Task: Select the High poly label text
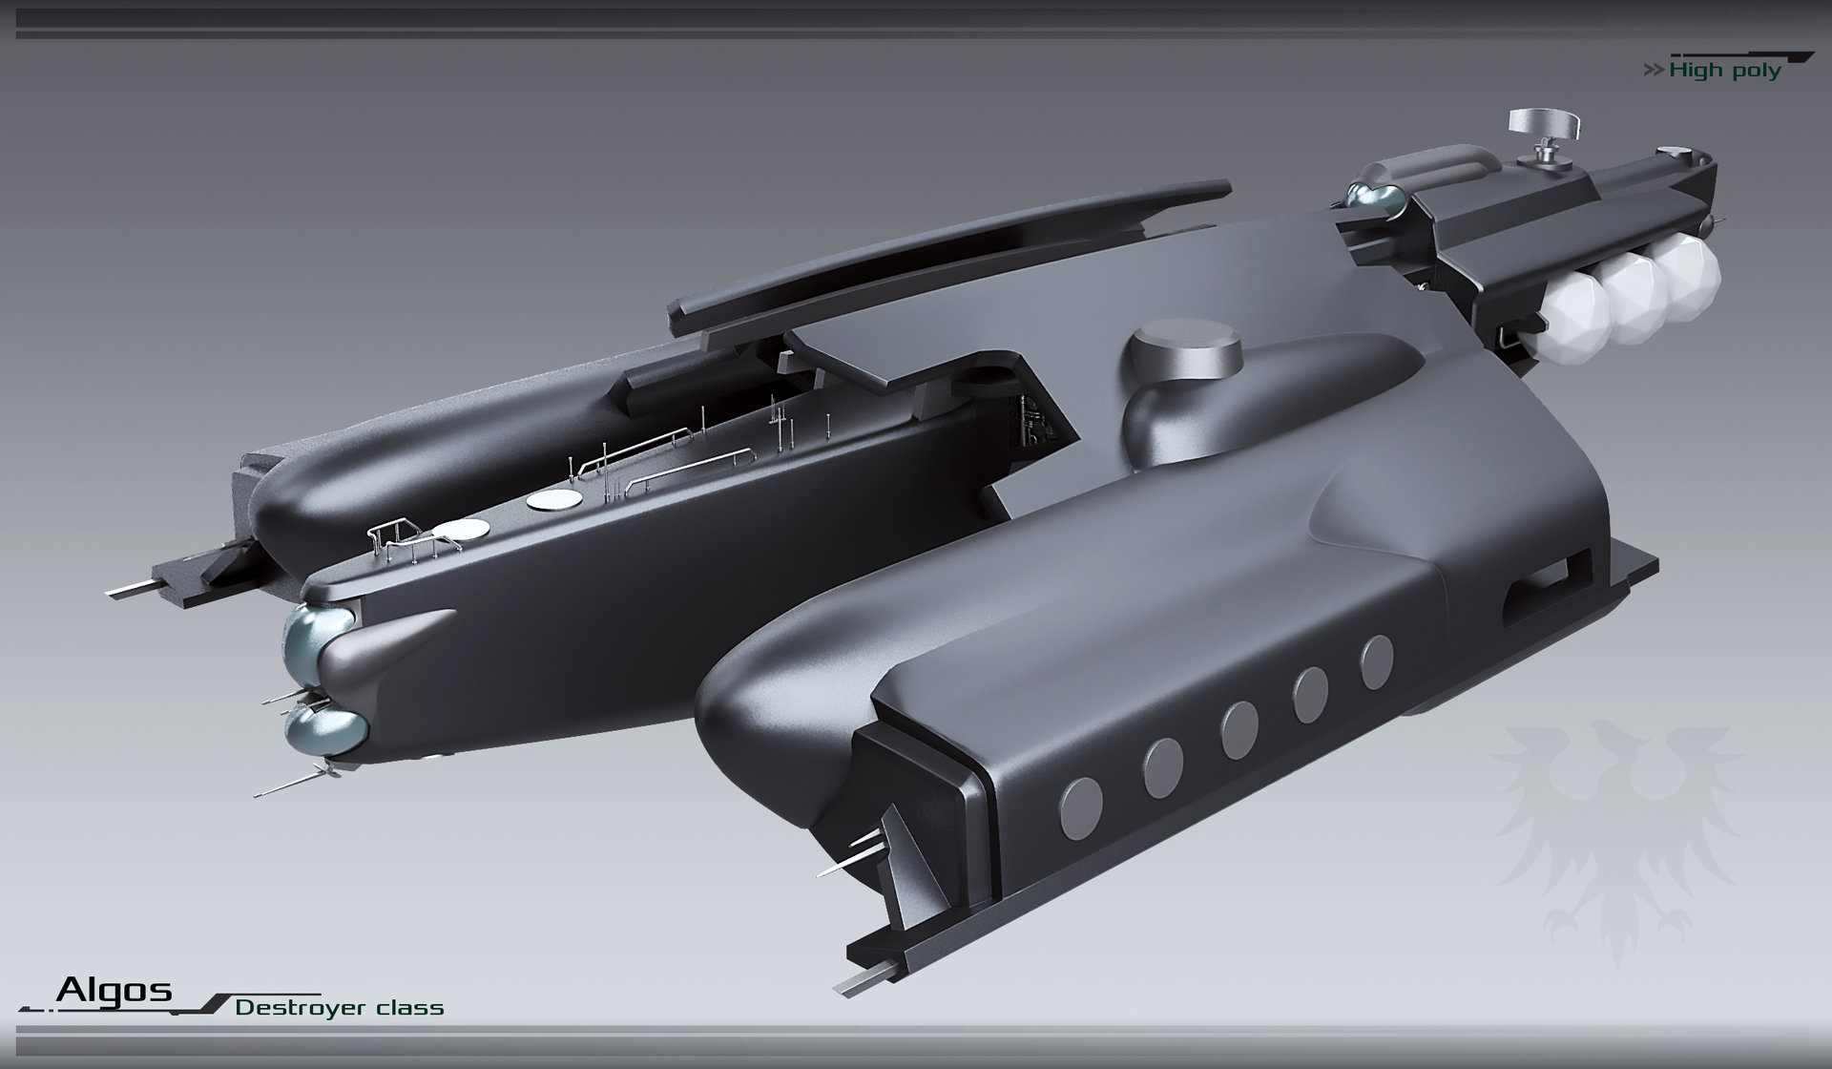[x=1725, y=71]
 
